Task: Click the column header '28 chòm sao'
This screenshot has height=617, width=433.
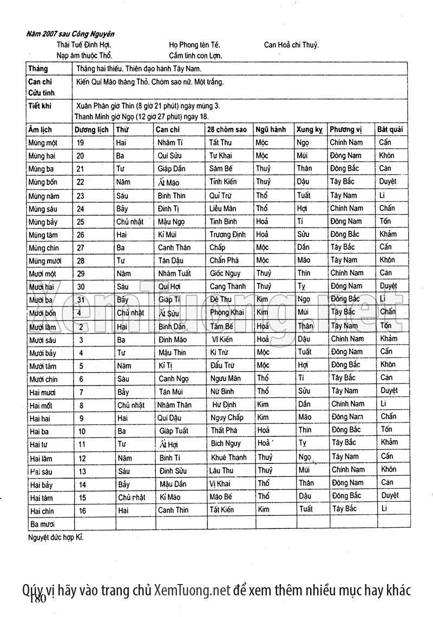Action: coord(228,130)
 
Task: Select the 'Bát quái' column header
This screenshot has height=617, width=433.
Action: coord(391,130)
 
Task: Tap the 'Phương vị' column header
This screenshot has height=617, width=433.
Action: coord(346,130)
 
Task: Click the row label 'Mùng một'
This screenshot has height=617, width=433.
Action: coord(43,143)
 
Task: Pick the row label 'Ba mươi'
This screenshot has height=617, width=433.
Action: coord(43,524)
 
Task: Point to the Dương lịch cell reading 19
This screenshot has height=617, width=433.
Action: coord(81,143)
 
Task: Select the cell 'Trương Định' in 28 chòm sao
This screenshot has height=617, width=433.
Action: coord(227,235)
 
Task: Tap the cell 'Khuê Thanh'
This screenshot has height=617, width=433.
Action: coord(228,457)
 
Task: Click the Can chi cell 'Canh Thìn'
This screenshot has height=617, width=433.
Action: coord(173,510)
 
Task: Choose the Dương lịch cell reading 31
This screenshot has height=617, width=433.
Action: coord(81,300)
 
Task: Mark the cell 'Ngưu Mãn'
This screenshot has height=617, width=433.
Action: coord(226,378)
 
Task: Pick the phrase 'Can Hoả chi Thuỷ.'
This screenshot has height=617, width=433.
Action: coord(291,45)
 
